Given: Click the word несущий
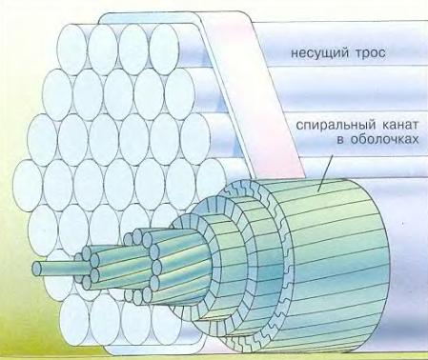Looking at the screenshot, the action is (318, 52).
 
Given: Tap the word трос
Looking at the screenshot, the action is (370, 53).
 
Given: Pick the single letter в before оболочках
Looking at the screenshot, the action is (339, 140).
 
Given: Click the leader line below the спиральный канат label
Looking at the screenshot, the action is (325, 173).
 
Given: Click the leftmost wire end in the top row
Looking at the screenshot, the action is (72, 50).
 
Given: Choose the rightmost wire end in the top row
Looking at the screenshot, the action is (164, 50).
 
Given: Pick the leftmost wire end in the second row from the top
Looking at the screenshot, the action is (57, 94).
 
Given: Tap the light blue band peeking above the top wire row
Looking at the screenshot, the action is (150, 18).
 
